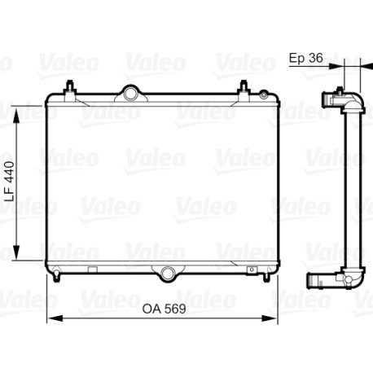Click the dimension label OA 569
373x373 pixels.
point(165,309)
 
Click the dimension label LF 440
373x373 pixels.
point(10,182)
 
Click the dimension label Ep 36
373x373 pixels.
point(305,58)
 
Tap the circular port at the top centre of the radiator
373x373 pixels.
point(131,93)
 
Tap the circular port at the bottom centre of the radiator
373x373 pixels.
point(167,274)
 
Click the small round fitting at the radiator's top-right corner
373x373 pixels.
point(263,94)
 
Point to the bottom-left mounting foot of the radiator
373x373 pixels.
point(56,275)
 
